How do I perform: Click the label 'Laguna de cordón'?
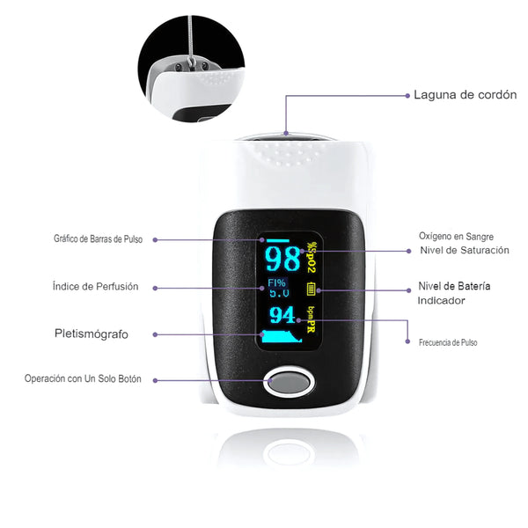[x=465, y=95]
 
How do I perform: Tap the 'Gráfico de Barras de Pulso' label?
[x=98, y=239]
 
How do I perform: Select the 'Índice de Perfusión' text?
[x=95, y=286]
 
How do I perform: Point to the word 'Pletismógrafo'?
[x=92, y=334]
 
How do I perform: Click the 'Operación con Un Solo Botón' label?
[x=83, y=378]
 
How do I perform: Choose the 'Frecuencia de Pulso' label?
[x=448, y=342]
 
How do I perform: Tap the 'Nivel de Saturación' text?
[x=465, y=250]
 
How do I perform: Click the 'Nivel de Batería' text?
[x=454, y=286]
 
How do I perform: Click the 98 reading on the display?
[x=282, y=259]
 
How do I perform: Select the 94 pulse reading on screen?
[x=282, y=315]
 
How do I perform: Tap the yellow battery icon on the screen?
[x=311, y=289]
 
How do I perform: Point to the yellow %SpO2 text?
[x=312, y=257]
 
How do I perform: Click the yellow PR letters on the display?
[x=311, y=326]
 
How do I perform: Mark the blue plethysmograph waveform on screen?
[x=282, y=337]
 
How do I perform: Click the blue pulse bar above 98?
[x=278, y=240]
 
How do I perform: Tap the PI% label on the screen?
[x=277, y=282]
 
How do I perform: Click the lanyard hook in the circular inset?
[x=192, y=62]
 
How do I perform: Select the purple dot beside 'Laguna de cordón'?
[x=407, y=96]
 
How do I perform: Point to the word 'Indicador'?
[x=441, y=300]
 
